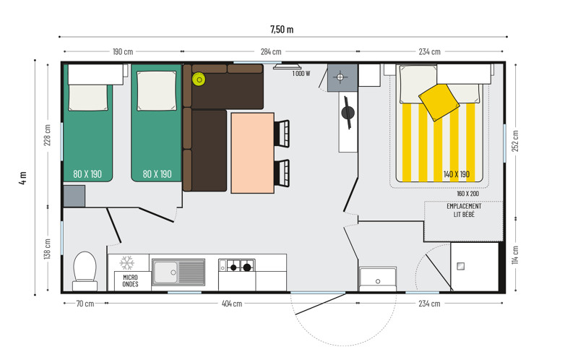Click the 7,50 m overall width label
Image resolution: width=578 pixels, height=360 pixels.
282,29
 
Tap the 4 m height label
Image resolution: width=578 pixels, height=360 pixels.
23,177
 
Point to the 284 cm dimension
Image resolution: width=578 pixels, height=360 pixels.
271,51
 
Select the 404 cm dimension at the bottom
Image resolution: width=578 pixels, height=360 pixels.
232,304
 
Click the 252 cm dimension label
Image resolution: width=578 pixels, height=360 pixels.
515,141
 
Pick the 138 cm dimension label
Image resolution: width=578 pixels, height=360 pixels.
47,249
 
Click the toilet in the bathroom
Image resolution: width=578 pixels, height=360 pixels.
85,271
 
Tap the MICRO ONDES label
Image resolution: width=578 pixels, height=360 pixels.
131,280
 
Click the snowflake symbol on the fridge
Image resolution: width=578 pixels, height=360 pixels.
127,262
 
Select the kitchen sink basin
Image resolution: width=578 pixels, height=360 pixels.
165,273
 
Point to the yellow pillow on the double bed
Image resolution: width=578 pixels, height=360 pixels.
439,102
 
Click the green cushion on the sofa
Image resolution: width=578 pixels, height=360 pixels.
199,80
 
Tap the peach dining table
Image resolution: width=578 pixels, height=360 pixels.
252,153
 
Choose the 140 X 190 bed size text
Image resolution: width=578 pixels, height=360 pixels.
457,174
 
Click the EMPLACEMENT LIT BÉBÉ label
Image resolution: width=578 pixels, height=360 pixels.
464,210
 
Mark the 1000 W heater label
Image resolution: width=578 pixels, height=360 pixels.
301,74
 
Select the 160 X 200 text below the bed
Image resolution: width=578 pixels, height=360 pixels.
467,194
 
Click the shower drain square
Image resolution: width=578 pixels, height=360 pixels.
461,266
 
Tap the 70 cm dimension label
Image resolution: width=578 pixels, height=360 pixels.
85,304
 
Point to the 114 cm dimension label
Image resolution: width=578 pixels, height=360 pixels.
515,255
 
